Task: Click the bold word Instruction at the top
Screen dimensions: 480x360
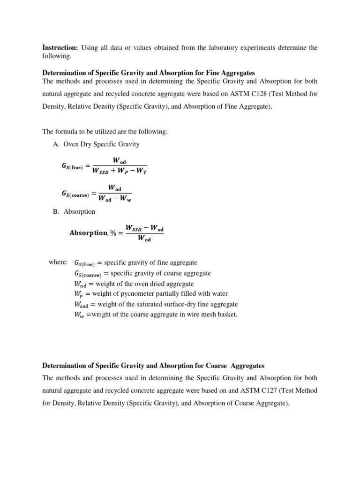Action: click(x=60, y=47)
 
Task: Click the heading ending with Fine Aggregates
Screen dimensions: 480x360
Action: click(x=149, y=73)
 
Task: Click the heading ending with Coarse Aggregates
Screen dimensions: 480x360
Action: click(x=153, y=365)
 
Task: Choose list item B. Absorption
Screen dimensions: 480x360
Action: click(x=74, y=211)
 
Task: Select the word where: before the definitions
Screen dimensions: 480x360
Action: click(x=58, y=262)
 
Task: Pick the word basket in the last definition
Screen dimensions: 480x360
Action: click(x=227, y=314)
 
